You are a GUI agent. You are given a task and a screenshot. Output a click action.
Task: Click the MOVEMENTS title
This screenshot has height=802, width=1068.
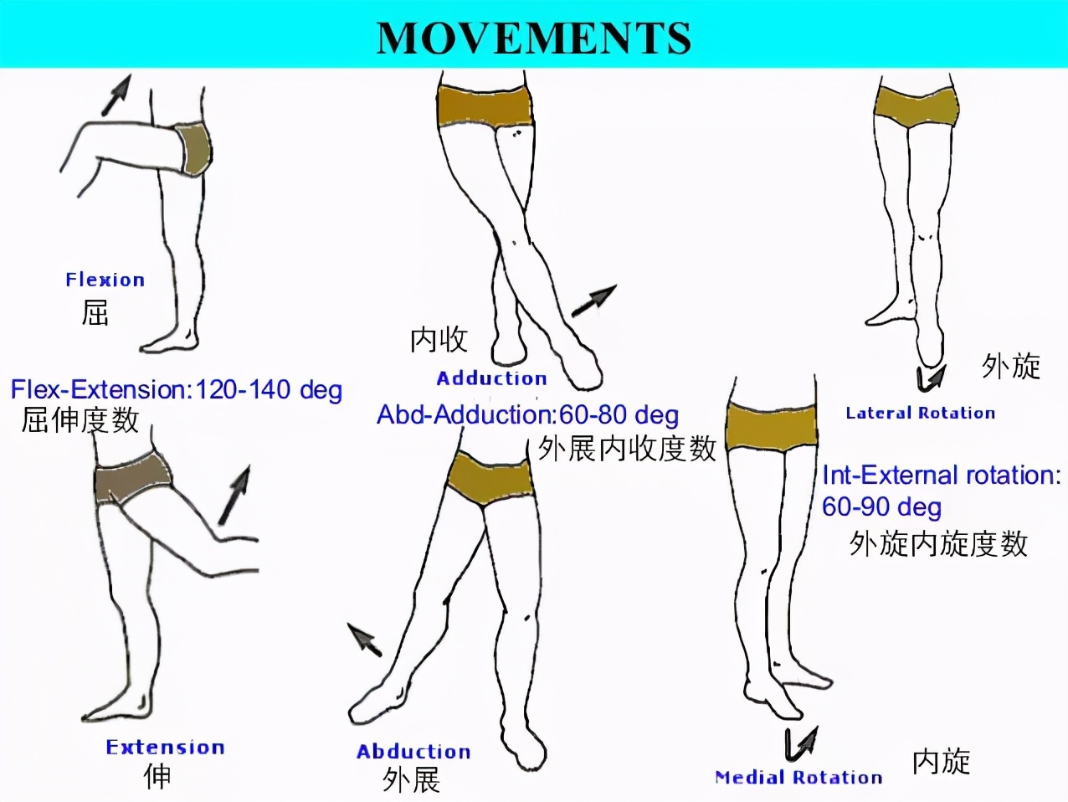[534, 38]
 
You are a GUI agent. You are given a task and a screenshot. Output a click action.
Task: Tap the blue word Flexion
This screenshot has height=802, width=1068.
[105, 280]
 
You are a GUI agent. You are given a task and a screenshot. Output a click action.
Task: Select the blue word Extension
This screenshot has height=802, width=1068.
[166, 748]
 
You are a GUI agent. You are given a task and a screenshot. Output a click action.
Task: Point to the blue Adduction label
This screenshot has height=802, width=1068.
[491, 378]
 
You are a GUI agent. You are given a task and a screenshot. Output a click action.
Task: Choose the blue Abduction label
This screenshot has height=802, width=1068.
[413, 752]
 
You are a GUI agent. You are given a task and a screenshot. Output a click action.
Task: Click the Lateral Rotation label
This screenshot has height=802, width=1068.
[921, 414]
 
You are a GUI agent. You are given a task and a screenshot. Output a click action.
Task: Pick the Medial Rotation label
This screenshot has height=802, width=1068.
[799, 777]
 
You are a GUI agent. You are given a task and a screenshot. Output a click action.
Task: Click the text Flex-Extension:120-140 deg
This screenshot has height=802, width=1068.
[177, 390]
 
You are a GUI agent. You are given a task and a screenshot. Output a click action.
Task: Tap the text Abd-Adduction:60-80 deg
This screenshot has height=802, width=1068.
[528, 415]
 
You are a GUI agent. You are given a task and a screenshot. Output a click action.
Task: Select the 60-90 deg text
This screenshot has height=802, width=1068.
[881, 506]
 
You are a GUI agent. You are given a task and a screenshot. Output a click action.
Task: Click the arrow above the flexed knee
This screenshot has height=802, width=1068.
[116, 95]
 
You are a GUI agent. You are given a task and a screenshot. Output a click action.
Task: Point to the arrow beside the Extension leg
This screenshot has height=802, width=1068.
[234, 495]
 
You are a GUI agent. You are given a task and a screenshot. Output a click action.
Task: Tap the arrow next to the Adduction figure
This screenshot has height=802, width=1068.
[593, 301]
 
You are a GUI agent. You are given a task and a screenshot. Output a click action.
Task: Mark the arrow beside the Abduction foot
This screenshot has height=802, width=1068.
[364, 640]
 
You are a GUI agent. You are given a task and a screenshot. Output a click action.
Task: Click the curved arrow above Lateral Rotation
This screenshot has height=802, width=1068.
[930, 379]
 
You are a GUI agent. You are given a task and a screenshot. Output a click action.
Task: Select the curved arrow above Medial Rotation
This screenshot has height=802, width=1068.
[801, 744]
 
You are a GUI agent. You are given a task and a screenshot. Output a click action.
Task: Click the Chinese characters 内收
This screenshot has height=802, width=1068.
[439, 340]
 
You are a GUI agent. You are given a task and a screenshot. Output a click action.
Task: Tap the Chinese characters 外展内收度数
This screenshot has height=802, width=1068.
[627, 449]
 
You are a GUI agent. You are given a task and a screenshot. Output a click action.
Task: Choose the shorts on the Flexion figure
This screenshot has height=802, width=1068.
[195, 149]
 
